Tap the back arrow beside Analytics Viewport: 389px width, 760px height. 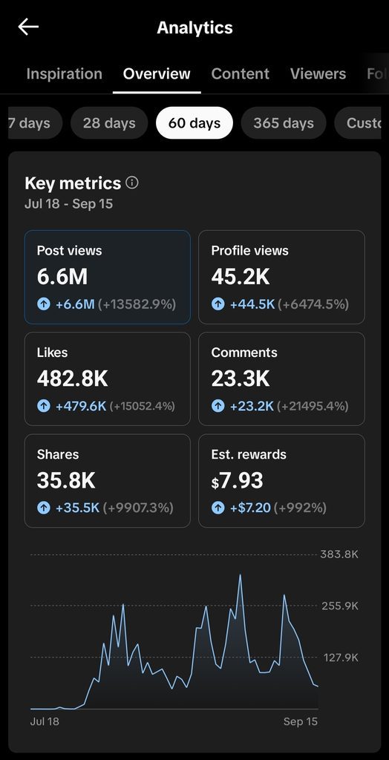pos(28,27)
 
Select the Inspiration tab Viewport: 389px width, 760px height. pos(64,73)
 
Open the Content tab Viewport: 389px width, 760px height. pos(240,73)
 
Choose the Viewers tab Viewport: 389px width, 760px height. pos(318,73)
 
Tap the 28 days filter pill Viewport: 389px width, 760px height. pos(109,123)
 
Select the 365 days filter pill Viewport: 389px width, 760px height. pos(284,123)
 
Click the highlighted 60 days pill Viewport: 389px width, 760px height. pos(194,123)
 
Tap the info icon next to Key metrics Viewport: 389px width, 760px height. pos(132,183)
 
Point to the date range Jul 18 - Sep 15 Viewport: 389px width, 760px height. pos(68,203)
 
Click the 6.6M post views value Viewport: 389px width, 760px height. pos(62,277)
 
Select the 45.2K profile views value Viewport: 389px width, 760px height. pos(241,277)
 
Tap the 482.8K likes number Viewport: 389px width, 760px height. pos(72,379)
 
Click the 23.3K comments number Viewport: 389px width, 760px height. pos(240,379)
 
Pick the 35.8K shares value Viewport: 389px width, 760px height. pos(66,480)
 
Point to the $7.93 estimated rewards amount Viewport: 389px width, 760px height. pos(237,480)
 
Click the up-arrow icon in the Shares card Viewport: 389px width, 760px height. pos(44,508)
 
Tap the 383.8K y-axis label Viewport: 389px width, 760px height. pos(339,554)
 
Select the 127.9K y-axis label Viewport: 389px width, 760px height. pos(341,658)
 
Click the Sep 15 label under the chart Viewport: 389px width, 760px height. pos(300,721)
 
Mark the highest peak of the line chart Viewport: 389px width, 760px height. pos(240,575)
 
